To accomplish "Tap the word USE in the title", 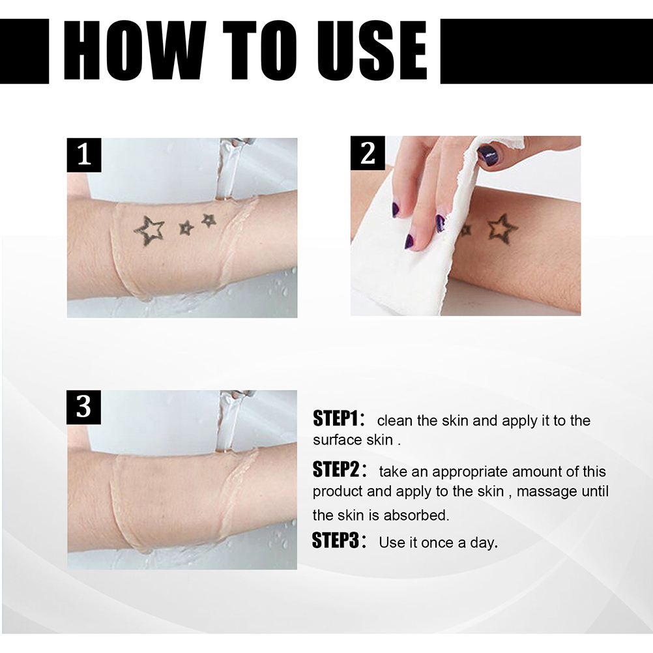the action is pos(372,50).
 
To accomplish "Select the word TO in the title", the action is pos(260,50).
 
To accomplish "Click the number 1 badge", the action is pos(84,154).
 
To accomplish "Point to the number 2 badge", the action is pos(368,153).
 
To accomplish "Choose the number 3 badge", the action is pos(83,407).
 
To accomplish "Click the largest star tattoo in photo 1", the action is pos(149,230).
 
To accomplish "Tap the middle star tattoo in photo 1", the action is pos(186,228).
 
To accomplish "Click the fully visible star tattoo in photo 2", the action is pos(502,229).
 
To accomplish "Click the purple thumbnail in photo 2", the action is pos(488,156).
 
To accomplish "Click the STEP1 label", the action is pos(336,418).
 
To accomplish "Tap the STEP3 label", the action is pos(336,540).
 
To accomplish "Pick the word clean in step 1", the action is pos(395,420).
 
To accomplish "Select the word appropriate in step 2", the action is pos(470,472).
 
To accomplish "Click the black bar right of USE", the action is pos(546,51).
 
